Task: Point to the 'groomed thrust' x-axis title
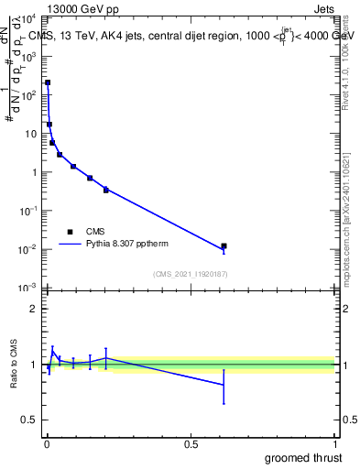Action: [305, 457]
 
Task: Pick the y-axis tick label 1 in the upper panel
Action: [35, 172]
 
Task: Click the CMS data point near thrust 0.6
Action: [224, 246]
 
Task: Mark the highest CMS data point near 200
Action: [48, 82]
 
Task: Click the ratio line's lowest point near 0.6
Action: [224, 385]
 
